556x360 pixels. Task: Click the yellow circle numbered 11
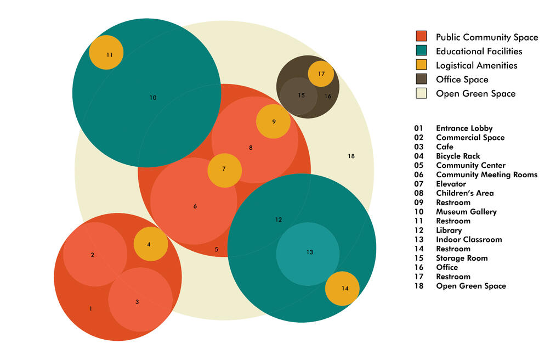[x=106, y=53]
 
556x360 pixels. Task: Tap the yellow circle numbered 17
[x=321, y=74]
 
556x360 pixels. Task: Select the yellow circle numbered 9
[x=274, y=121]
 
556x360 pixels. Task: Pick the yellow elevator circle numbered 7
[x=224, y=170]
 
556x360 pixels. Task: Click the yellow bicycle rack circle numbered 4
[x=151, y=244]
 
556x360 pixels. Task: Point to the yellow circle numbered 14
[x=342, y=289]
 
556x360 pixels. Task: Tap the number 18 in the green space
[x=351, y=156]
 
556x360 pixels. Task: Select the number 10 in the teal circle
[x=153, y=98]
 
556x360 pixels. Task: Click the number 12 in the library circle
[x=279, y=220]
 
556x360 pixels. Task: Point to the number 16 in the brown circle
[x=328, y=97]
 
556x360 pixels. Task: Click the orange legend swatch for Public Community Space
[x=421, y=37]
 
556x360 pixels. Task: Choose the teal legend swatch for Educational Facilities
[x=421, y=51]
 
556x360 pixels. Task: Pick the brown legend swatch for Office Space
[x=421, y=79]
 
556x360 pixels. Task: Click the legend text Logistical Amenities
[x=476, y=65]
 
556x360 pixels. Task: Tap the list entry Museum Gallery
[x=466, y=212]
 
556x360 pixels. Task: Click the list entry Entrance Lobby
[x=464, y=128]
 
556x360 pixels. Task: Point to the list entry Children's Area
[x=465, y=193]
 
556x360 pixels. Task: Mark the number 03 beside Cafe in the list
[x=419, y=147]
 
